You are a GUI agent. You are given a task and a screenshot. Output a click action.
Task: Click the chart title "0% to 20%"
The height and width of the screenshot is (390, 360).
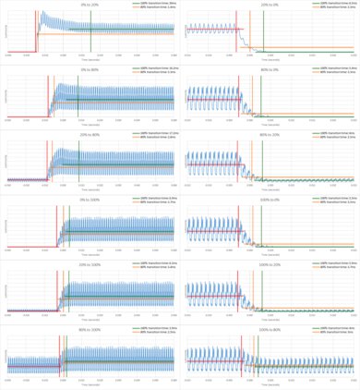click(90, 4)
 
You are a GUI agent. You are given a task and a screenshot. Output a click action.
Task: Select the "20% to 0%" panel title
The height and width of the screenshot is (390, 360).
click(270, 4)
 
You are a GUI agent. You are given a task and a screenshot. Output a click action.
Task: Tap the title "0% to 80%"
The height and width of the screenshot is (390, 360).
click(90, 69)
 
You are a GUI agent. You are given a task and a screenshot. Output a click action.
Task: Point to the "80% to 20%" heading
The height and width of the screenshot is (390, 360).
click(270, 134)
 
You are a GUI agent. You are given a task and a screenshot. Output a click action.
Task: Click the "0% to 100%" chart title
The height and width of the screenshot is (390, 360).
click(90, 199)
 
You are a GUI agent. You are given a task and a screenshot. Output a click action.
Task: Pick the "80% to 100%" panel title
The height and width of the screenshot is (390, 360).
click(90, 329)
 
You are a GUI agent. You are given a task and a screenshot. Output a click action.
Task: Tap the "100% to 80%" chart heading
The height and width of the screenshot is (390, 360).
click(270, 329)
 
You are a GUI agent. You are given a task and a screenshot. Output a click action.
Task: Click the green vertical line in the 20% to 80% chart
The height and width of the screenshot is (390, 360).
click(78, 162)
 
